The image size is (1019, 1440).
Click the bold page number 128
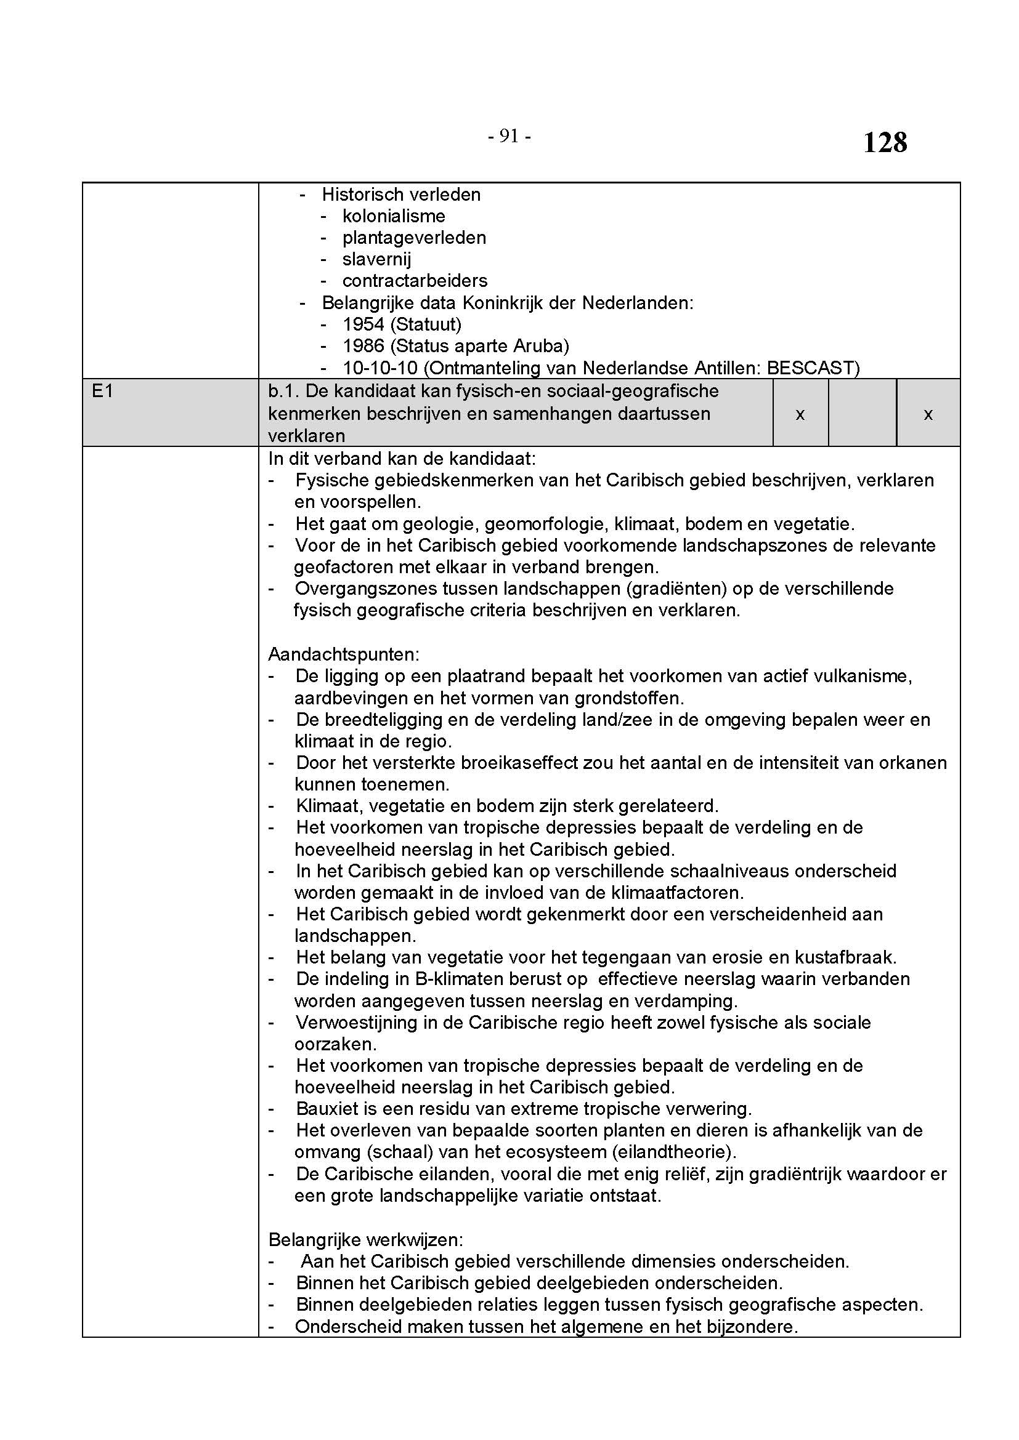[x=885, y=142]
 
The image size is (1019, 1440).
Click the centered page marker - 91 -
[x=509, y=136]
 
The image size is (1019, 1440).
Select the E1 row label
[x=102, y=392]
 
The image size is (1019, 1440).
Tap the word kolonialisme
[x=394, y=216]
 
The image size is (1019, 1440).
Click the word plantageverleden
[x=414, y=238]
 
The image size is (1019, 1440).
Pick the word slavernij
[x=376, y=259]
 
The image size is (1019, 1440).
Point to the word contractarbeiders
[x=415, y=281]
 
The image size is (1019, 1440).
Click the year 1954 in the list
[x=363, y=324]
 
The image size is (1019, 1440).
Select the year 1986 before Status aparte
[x=363, y=345]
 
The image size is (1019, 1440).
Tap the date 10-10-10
[x=380, y=368]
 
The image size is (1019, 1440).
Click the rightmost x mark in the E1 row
[x=928, y=414]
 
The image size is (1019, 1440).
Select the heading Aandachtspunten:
[x=343, y=654]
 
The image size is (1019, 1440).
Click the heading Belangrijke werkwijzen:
[x=365, y=1239]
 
